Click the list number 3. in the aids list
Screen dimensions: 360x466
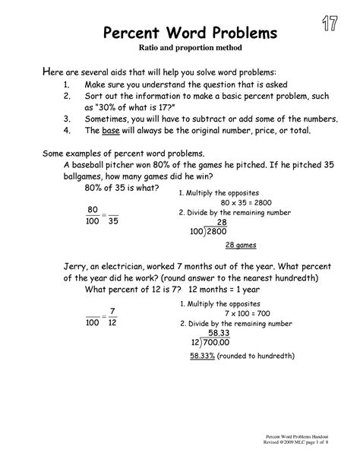click(67, 119)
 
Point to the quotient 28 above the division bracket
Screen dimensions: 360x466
click(222, 221)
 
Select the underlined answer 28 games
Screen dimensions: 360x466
click(241, 245)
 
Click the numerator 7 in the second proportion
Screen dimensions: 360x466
click(112, 311)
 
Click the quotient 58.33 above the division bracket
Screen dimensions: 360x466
click(219, 332)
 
